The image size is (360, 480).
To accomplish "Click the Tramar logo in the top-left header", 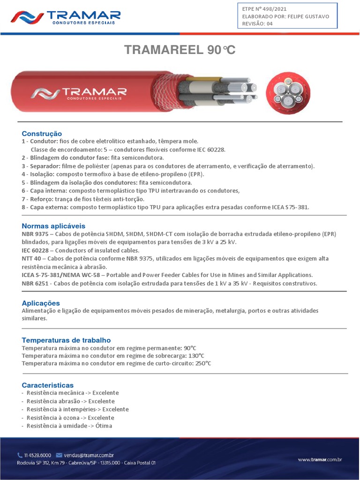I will (66, 18).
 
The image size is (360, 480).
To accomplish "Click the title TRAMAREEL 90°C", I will (180, 50).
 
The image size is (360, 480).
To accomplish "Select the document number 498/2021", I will (277, 9).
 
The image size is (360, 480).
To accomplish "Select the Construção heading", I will (42, 134).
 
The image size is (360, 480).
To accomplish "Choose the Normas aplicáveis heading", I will (53, 226).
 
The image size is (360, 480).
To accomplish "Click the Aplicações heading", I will (41, 303).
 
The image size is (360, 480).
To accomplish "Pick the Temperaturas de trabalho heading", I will (66, 340).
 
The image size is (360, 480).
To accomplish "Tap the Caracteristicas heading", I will (47, 385).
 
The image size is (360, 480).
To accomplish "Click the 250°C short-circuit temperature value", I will (203, 363).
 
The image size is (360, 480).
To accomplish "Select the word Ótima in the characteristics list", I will (104, 426).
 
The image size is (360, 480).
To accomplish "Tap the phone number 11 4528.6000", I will (37, 455).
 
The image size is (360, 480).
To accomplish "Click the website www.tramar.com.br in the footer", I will (320, 460).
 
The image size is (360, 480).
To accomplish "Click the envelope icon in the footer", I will (59, 455).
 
